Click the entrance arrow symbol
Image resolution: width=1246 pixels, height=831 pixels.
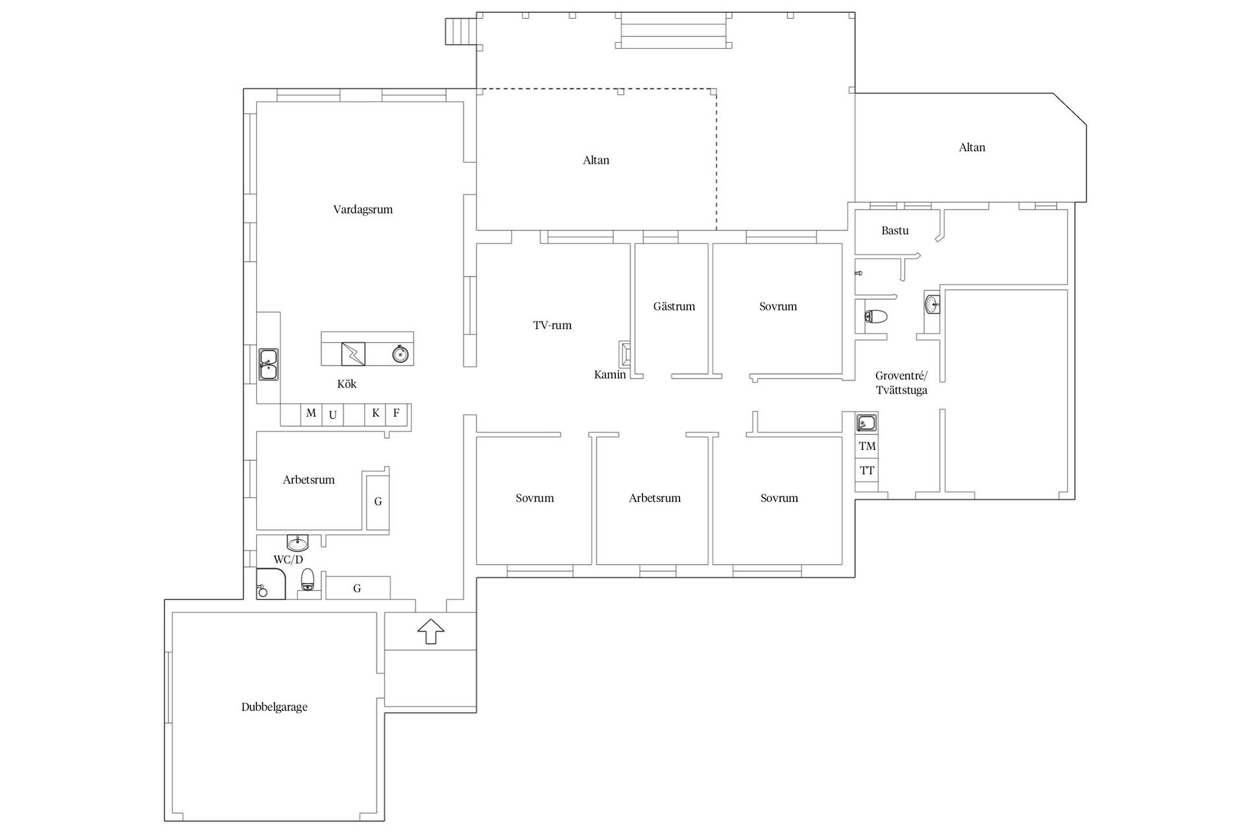[431, 630]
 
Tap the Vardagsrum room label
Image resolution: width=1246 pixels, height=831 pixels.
[363, 210]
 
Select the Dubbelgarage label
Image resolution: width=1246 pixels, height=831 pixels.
[275, 707]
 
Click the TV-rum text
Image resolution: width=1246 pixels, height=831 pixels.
[552, 325]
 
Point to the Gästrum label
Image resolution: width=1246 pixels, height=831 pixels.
[674, 306]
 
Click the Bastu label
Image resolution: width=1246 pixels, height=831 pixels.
[895, 230]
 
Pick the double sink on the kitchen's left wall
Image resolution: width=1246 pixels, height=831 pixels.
[268, 364]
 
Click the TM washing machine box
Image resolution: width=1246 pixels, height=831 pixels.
[867, 446]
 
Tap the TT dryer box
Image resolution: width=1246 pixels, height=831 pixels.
[867, 471]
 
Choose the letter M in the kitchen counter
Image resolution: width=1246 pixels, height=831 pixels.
[311, 413]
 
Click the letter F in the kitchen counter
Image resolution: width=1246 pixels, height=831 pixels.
[397, 413]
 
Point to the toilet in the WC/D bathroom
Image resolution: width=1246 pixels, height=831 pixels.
[308, 580]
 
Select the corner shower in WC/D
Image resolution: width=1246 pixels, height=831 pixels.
[271, 584]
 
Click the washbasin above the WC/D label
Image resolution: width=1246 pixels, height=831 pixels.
[298, 542]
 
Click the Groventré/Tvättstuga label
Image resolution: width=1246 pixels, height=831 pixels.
[901, 383]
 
